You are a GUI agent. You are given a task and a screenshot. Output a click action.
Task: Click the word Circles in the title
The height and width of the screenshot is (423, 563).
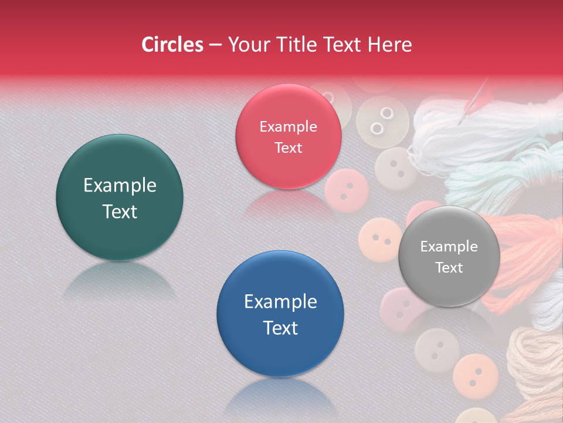click(172, 45)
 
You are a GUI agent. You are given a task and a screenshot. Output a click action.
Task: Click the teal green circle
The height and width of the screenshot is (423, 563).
click(120, 197)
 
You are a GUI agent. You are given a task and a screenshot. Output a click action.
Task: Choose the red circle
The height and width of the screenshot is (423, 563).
click(288, 136)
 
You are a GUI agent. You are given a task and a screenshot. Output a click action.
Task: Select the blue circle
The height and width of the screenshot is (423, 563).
click(280, 314)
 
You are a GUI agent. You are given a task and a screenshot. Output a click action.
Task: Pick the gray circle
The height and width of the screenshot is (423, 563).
click(449, 256)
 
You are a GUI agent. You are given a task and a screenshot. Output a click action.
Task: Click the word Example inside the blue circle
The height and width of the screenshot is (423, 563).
click(280, 301)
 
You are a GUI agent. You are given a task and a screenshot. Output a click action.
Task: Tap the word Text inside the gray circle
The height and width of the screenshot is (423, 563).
click(449, 268)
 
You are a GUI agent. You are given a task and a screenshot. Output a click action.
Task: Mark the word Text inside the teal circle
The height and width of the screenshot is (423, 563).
click(120, 211)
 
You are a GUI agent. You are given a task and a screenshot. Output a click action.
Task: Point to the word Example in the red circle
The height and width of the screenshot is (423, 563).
click(288, 126)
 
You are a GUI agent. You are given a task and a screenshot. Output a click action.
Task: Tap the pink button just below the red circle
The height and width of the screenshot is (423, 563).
click(347, 190)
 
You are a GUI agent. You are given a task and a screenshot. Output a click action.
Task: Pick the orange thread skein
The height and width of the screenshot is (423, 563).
click(516, 247)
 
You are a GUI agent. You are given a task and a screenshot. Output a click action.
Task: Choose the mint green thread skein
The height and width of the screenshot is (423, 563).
click(498, 176)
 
